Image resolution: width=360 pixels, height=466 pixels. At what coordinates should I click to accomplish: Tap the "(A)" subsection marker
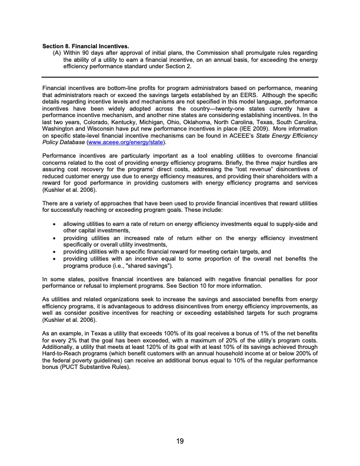tap(57, 53)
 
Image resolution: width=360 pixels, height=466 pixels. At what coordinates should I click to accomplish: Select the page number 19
tap(179, 443)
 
